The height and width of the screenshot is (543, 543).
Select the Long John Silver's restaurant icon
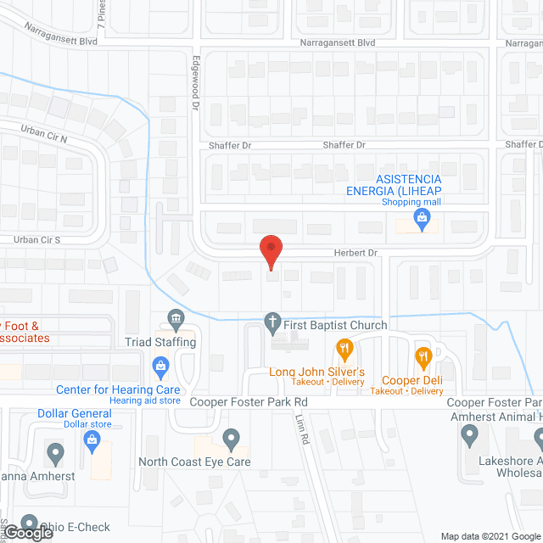(344, 347)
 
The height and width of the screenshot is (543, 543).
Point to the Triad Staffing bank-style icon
(176, 317)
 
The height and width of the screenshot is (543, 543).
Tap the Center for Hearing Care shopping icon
(160, 367)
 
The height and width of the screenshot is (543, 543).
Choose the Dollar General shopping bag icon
(92, 438)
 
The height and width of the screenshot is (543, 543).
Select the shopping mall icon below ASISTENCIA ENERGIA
(422, 218)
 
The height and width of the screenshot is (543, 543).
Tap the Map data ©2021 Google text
(489, 535)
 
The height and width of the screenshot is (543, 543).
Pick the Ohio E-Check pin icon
(30, 523)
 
